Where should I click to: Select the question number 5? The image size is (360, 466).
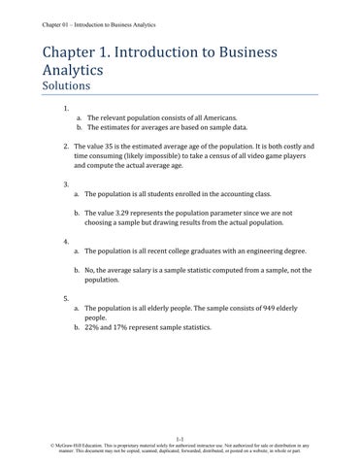pyautogui.click(x=64, y=296)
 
